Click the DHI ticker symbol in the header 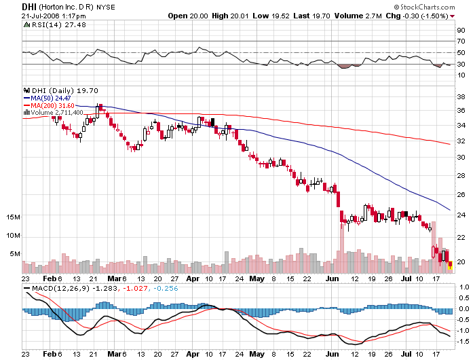pyautogui.click(x=10, y=5)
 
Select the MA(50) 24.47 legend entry pyautogui.click(x=50, y=98)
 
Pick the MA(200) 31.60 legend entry pyautogui.click(x=52, y=105)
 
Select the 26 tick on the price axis pyautogui.click(x=460, y=194)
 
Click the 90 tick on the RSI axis pyautogui.click(x=460, y=31)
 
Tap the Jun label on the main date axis pyautogui.click(x=331, y=278)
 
